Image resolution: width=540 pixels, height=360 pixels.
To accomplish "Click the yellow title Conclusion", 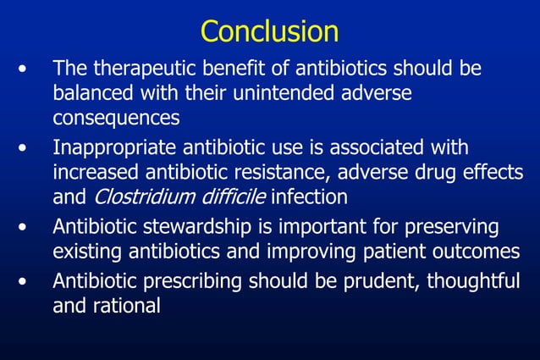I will (269, 31).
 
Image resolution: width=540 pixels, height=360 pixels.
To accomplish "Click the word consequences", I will (116, 116).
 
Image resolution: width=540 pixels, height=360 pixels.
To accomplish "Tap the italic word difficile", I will (227, 197).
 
